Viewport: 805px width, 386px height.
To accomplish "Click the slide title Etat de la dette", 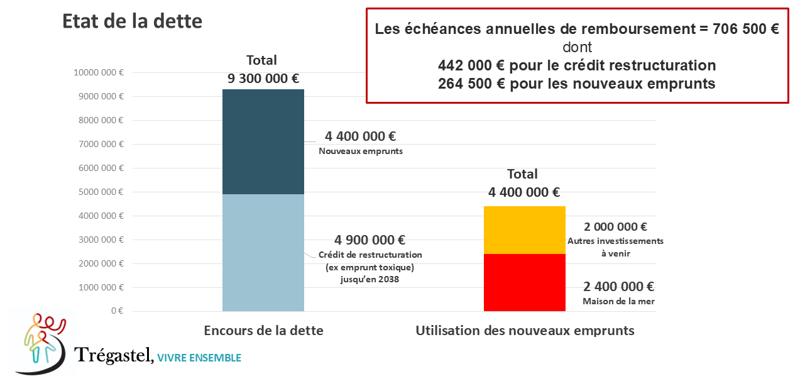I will click(132, 21).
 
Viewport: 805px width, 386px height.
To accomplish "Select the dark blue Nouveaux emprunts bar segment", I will click(263, 141).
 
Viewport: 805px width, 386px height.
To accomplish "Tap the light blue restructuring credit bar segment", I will click(263, 252).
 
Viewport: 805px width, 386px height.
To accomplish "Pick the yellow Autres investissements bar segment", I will click(524, 229).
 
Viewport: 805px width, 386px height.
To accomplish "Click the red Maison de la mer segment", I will click(524, 282).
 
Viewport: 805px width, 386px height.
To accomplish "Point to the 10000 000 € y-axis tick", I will click(99, 72).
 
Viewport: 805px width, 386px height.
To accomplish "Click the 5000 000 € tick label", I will click(101, 192).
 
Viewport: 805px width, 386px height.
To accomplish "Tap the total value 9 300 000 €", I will click(263, 79).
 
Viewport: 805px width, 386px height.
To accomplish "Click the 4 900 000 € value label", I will click(370, 240).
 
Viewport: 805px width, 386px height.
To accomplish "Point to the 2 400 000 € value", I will click(618, 287).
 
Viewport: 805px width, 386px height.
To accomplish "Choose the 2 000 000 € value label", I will click(615, 227).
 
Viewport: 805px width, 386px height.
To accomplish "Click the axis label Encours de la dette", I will click(263, 331).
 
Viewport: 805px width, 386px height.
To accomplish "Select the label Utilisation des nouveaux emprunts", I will click(525, 331).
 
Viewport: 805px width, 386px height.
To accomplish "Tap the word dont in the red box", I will click(577, 47).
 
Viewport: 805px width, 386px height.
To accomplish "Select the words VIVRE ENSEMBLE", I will click(199, 358).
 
